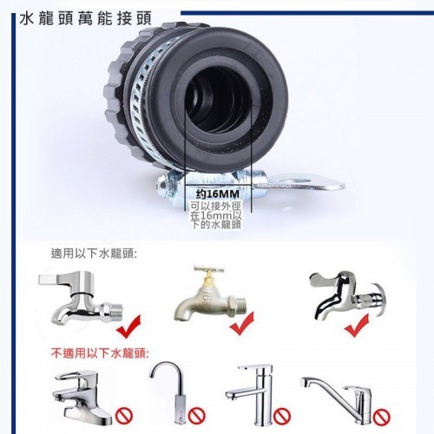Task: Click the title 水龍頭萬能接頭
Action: point(86,19)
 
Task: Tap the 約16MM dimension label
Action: point(218,194)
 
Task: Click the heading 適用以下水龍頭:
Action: point(94,253)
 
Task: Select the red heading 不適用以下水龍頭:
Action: point(100,353)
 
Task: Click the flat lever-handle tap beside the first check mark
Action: point(81,298)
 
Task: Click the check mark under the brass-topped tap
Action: point(241,324)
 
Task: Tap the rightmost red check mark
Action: point(357,326)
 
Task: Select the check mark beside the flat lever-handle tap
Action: point(128,327)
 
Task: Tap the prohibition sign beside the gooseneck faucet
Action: point(197,416)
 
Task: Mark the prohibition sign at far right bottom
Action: point(382,417)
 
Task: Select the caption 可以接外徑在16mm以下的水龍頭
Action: point(216,215)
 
